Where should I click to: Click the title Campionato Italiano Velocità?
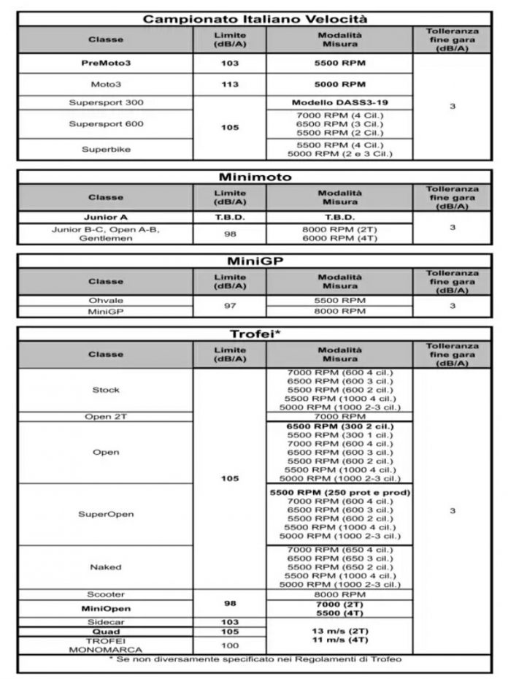254,19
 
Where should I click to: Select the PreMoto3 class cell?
106,64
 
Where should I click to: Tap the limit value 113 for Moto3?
230,84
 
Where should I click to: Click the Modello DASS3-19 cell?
339,102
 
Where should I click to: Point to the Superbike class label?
106,149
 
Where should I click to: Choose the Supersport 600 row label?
106,124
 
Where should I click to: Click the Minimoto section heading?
254,177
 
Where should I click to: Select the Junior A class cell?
106,217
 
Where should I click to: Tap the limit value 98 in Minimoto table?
230,234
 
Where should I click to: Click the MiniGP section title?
254,261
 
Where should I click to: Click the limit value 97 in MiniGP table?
230,306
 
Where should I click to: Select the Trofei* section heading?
254,334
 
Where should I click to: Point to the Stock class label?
106,390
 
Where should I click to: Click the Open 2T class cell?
106,416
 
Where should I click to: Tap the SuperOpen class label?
106,514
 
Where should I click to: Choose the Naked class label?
106,567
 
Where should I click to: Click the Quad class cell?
106,632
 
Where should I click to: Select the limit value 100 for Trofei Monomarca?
230,645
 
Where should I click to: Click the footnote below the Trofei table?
253,661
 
